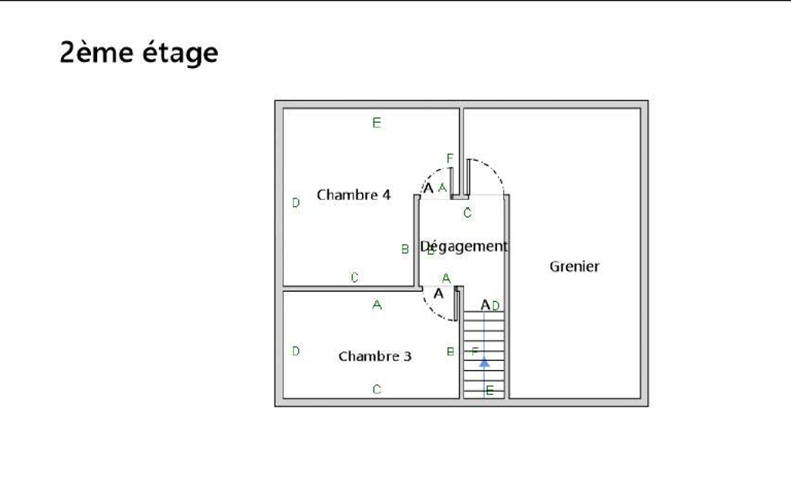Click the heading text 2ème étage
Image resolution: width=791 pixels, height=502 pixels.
point(139,53)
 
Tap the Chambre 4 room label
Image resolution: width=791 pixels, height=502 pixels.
point(353,195)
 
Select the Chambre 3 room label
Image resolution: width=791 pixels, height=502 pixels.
point(374,356)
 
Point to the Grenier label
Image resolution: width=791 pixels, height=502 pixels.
point(574,266)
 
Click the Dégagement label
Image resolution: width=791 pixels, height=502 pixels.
point(464,246)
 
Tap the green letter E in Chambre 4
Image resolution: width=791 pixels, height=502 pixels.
point(377,122)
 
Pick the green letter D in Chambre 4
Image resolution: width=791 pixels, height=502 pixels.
point(296,203)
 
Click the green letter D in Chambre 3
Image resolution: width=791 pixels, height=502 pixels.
point(296,351)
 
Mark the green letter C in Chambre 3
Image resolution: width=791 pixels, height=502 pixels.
point(377,389)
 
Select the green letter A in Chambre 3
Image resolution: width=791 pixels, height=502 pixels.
point(377,305)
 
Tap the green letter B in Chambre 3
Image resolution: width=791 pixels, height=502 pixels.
point(451,351)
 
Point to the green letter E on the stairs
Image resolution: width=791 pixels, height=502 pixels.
point(489,391)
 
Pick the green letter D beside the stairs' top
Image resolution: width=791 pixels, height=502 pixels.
point(495,306)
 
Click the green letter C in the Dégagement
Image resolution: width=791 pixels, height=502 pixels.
point(467,213)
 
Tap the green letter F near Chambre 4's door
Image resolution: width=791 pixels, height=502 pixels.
point(450,158)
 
